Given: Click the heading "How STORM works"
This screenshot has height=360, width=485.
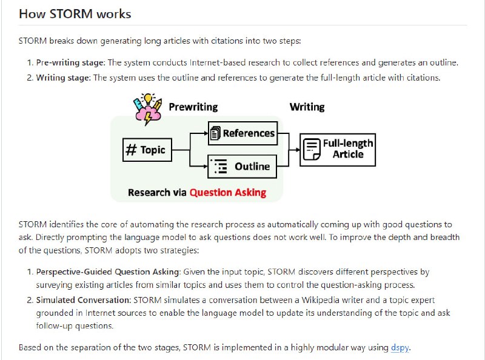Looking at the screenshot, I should click(75, 13).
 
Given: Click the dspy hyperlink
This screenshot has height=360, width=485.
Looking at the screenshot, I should click(400, 347).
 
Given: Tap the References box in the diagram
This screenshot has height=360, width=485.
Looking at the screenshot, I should click(242, 133).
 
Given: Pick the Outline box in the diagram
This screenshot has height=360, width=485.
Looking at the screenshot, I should click(242, 166).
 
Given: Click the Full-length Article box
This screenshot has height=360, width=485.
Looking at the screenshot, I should click(338, 150).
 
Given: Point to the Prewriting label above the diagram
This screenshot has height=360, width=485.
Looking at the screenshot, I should click(193, 107).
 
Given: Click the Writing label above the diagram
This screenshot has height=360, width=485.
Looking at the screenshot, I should click(307, 107).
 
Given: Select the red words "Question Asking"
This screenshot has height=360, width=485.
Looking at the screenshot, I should click(227, 193).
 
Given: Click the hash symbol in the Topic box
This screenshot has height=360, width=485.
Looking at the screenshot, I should click(130, 150).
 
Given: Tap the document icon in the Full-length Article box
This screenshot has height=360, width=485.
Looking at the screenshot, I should click(312, 149).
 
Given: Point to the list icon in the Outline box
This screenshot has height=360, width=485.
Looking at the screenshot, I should click(221, 167).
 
